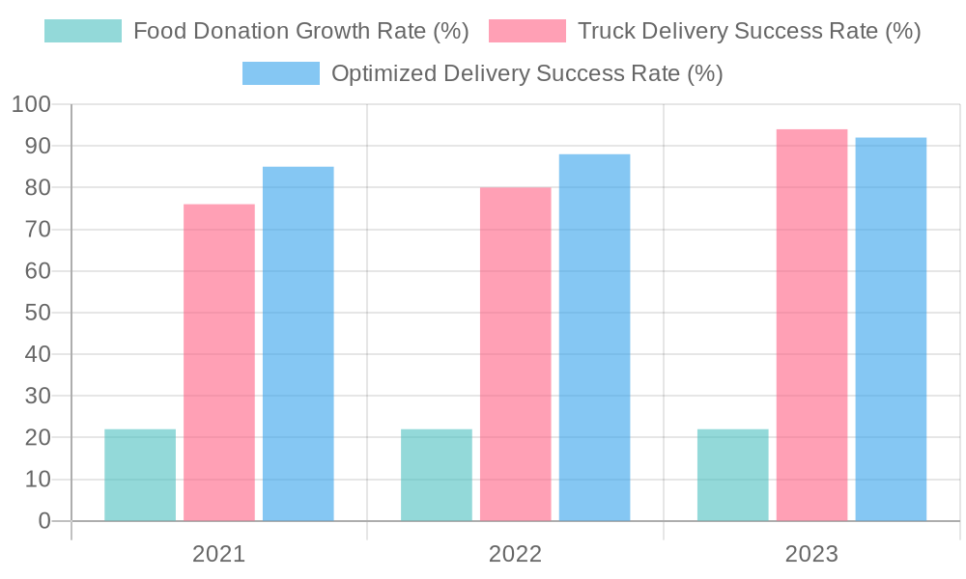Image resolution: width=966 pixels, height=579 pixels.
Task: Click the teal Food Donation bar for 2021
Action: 140,475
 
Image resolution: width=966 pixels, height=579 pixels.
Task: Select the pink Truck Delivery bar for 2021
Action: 219,362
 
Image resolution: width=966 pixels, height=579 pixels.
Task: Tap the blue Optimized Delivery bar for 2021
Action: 298,344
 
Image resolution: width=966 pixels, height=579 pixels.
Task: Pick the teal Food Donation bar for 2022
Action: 437,475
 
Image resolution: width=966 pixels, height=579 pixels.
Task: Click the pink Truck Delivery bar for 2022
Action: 515,354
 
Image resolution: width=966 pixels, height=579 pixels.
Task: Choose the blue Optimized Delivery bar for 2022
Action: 594,337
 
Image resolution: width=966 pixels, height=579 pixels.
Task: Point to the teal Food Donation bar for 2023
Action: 732,475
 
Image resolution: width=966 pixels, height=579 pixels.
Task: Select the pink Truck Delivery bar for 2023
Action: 811,324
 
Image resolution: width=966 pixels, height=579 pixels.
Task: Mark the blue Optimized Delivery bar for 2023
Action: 891,329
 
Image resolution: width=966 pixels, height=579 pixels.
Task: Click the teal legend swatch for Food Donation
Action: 83,31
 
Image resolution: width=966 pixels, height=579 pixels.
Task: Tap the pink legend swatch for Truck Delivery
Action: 527,31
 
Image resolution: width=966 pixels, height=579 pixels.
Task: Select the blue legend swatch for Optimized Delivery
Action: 280,73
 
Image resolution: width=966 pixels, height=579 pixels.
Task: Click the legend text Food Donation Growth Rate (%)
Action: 300,31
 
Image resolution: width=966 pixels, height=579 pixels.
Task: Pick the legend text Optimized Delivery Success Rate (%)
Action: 526,73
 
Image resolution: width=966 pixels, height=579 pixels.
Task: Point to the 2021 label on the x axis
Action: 219,554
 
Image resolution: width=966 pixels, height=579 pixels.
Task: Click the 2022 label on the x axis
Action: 515,554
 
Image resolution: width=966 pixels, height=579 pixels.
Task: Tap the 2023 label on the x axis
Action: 811,554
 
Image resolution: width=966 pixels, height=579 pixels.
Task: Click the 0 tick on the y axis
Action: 43,521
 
